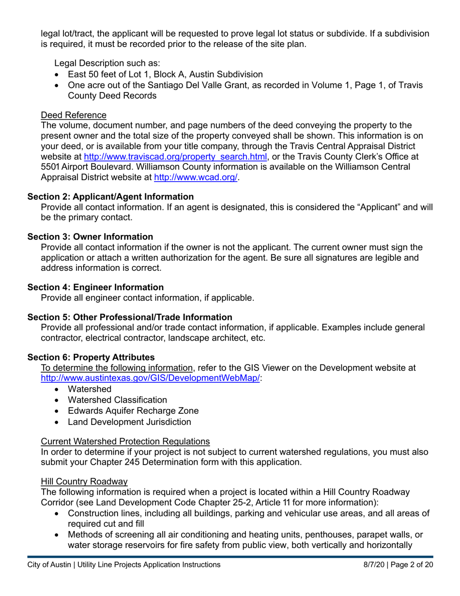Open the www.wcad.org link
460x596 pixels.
point(196,177)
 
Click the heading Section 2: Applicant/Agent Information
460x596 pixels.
point(110,197)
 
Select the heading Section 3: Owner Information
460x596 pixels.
point(90,236)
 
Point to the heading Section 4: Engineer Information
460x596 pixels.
point(95,287)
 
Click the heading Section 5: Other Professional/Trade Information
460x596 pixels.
point(130,317)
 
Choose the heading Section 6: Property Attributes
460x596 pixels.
point(91,357)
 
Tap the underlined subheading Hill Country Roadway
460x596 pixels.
point(84,481)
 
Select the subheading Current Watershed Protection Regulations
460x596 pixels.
point(125,441)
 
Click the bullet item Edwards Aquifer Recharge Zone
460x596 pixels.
point(133,410)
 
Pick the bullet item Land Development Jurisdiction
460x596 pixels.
point(129,422)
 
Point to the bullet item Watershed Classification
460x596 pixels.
point(117,400)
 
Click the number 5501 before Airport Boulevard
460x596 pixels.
point(49,167)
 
